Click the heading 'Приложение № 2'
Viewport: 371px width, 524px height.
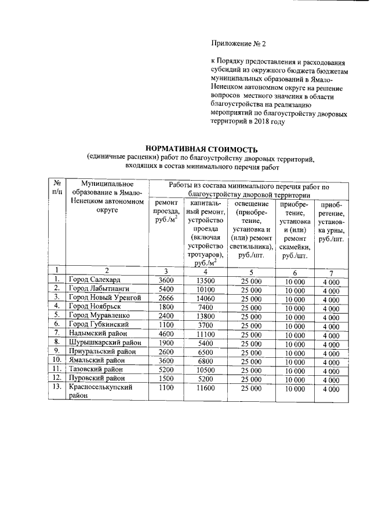[238, 43]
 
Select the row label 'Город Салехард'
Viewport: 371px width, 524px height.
[94, 280]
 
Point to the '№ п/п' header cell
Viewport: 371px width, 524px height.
[57, 187]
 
